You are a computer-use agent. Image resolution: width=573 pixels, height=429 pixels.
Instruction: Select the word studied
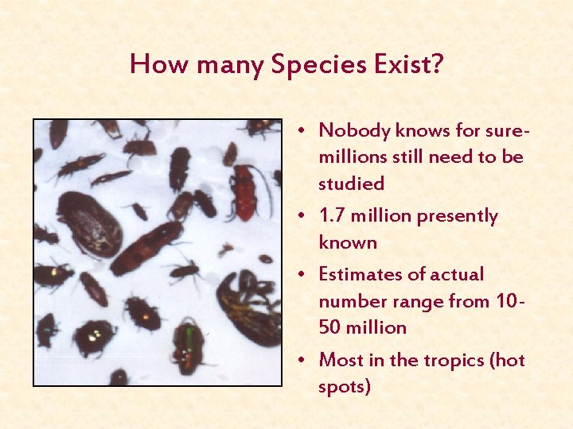tap(351, 184)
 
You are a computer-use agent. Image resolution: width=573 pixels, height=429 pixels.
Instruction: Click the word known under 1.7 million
tap(348, 242)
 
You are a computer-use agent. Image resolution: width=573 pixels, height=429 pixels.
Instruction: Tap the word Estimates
tap(357, 275)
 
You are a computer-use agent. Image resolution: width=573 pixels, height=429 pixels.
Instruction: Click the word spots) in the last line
tap(345, 387)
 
